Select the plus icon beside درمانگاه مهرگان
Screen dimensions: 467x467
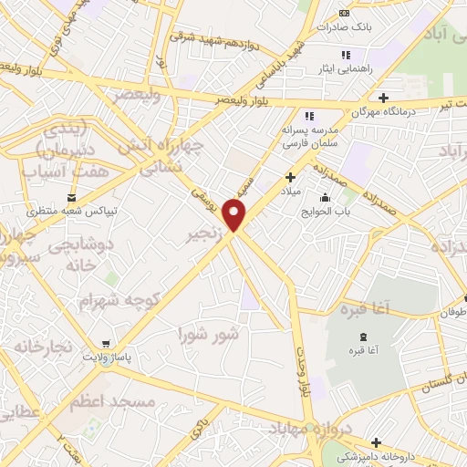[x=383, y=98]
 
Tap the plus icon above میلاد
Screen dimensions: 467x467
[x=291, y=177]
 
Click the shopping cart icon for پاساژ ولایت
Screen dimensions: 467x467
[x=107, y=345]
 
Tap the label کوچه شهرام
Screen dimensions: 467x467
[x=119, y=299]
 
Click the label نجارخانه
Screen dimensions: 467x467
[x=40, y=348]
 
